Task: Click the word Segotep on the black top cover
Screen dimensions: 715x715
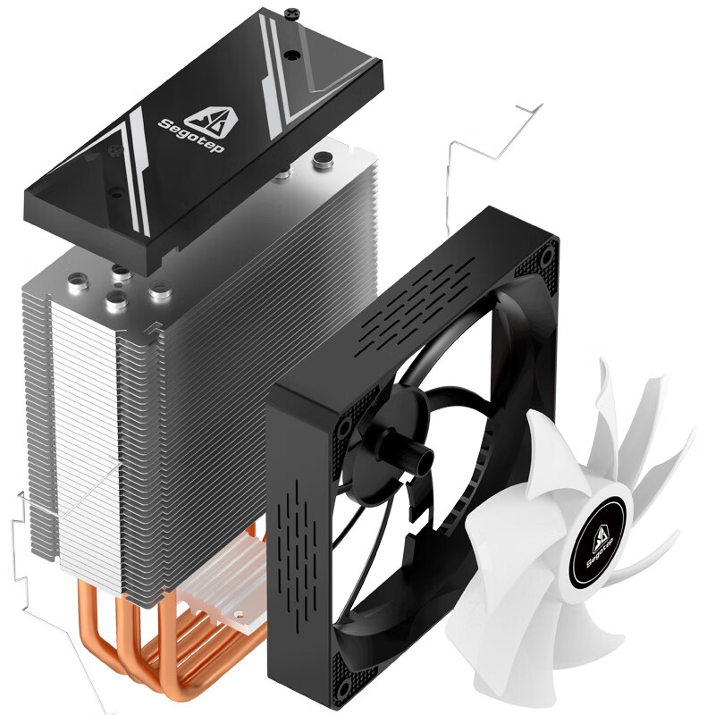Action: [x=191, y=136]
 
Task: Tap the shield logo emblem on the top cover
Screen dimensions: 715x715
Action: [x=213, y=120]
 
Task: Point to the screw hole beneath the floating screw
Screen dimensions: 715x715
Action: [x=290, y=55]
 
